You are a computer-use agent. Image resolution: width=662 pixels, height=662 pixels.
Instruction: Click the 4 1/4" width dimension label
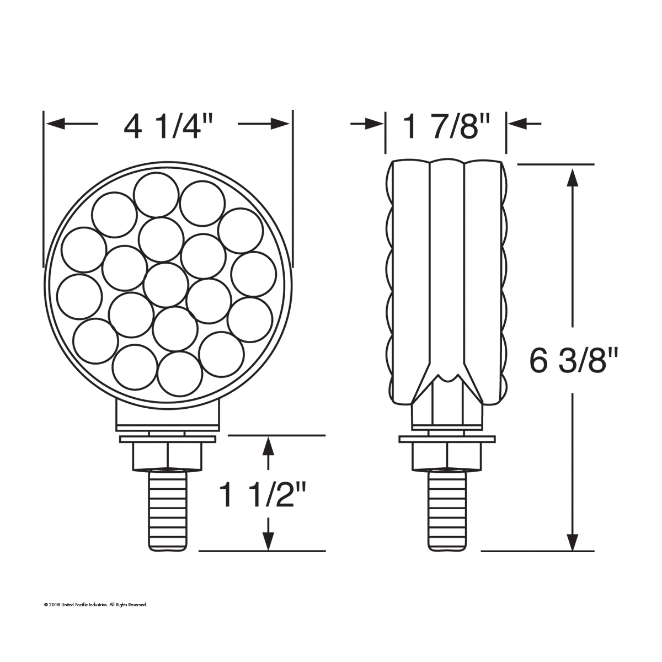click(x=168, y=126)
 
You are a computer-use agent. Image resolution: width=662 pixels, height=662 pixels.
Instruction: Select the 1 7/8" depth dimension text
click(x=446, y=126)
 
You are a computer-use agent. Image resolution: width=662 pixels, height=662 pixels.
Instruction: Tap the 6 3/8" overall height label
click(x=574, y=362)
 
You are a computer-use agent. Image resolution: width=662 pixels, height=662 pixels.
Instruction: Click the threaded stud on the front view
click(x=169, y=510)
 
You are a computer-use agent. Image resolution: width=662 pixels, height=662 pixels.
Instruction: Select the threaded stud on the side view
click(x=447, y=510)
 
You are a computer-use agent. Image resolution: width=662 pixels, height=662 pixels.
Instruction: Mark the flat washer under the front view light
click(x=168, y=439)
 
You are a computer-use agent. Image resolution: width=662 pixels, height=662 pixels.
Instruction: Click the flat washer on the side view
click(x=447, y=439)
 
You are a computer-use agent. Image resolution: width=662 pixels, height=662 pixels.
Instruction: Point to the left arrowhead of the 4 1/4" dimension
click(x=55, y=124)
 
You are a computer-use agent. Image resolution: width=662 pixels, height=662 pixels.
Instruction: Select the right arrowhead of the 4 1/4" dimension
click(x=281, y=124)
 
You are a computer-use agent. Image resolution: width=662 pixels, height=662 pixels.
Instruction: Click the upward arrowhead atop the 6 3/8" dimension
click(x=573, y=177)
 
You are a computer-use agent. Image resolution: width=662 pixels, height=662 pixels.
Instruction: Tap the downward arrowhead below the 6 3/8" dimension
click(x=573, y=541)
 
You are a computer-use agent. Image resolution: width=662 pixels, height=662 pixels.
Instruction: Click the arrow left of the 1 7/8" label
click(x=375, y=124)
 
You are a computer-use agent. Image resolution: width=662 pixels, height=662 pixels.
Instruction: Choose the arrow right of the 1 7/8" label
click(x=515, y=124)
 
